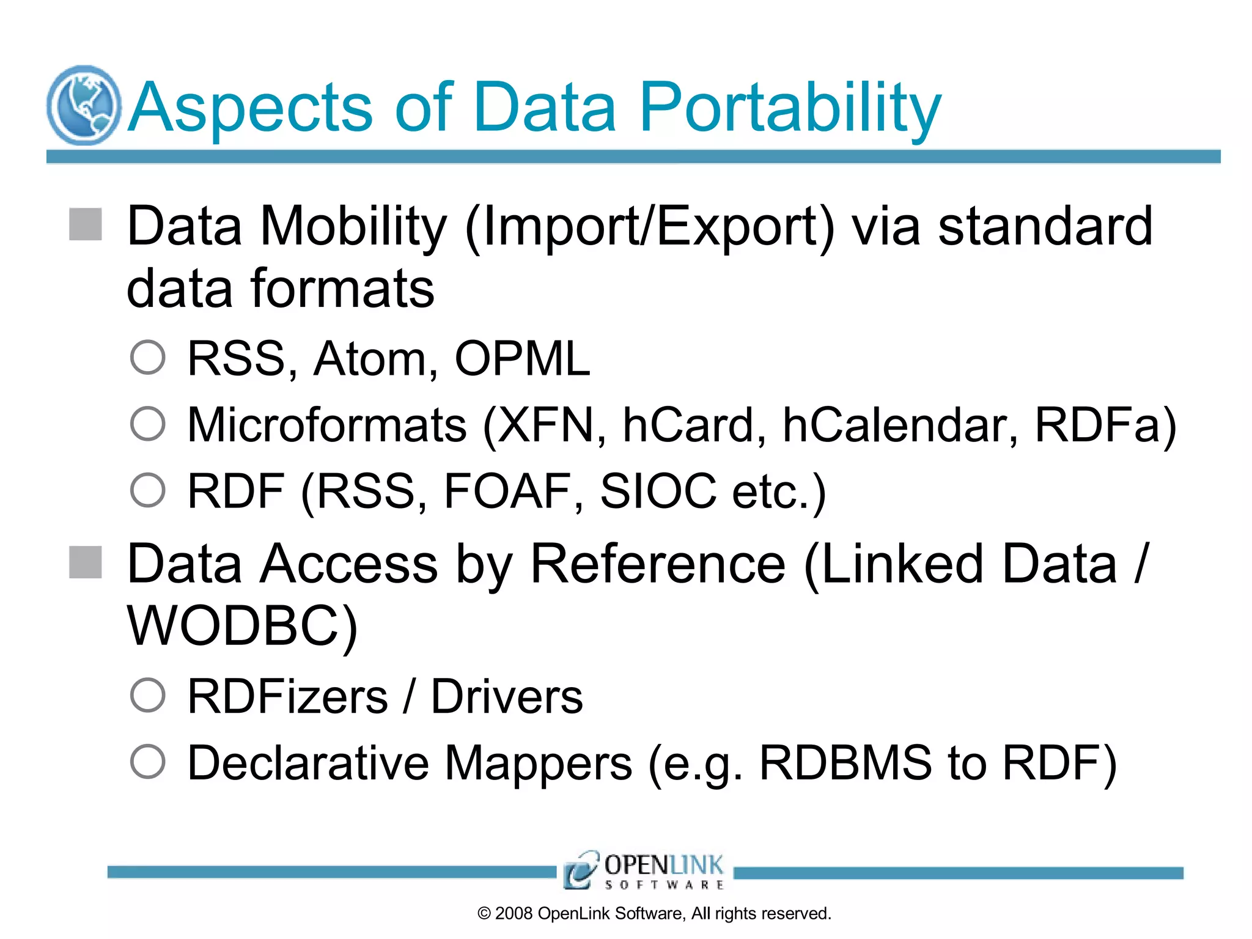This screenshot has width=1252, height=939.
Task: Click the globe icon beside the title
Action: [x=84, y=105]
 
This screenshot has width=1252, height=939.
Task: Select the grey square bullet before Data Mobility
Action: [x=86, y=224]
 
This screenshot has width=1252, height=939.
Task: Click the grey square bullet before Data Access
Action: [x=86, y=562]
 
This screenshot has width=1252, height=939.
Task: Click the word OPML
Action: [x=522, y=359]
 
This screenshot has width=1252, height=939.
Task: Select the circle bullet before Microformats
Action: [x=148, y=424]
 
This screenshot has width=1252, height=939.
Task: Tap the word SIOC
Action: [x=658, y=491]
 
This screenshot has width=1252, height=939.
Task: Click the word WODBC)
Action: [x=242, y=626]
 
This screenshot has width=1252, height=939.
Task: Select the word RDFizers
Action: [x=287, y=697]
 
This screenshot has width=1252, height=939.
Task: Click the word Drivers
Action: [x=507, y=697]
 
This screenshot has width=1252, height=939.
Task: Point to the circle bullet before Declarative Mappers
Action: [x=148, y=762]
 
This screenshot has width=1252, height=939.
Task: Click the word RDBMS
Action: [x=845, y=763]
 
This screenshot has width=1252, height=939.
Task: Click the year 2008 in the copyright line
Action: [x=514, y=913]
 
